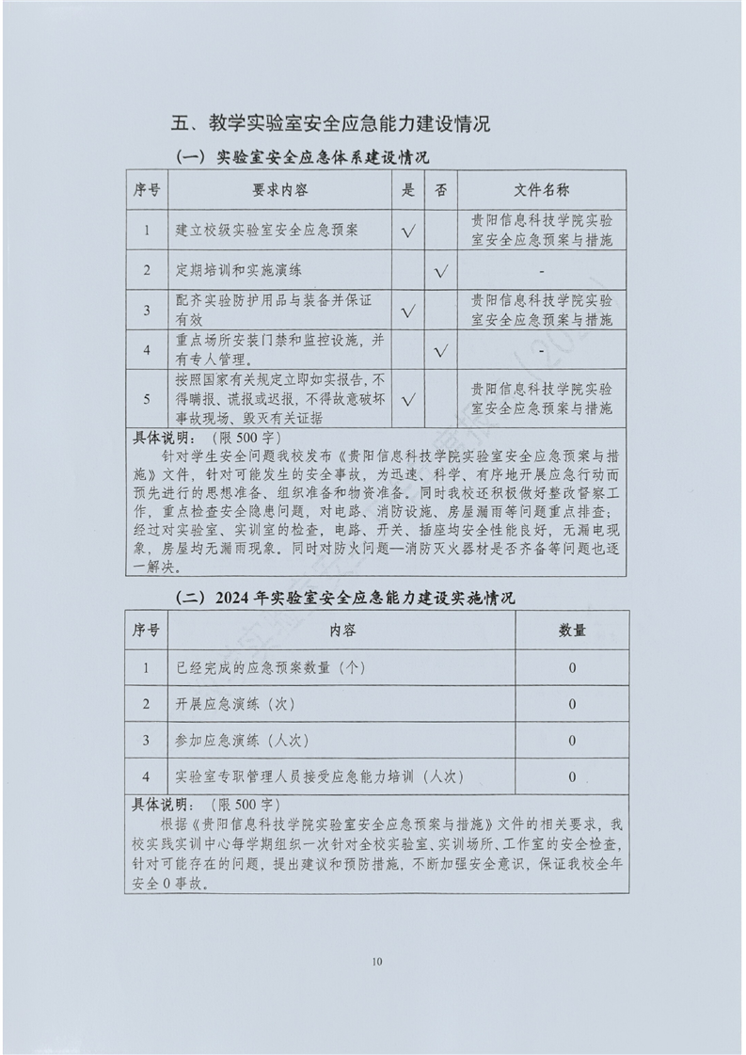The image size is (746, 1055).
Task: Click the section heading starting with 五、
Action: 331,123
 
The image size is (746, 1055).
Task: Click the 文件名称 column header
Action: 541,189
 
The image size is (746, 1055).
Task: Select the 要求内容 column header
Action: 279,189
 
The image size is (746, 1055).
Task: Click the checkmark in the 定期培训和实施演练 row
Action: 441,271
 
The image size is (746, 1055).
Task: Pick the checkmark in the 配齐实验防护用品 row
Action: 408,310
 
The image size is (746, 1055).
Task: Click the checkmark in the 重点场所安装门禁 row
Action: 441,350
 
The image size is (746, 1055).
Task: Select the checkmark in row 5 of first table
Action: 408,398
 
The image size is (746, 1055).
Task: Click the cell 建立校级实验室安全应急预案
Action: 267,230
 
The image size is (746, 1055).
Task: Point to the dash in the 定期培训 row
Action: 542,271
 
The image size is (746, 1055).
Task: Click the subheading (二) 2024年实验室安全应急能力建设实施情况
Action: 345,597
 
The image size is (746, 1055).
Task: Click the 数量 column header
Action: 572,630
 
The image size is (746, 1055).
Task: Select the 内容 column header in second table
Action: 342,630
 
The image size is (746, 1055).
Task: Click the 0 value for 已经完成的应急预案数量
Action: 572,667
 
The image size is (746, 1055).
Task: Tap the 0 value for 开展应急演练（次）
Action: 572,704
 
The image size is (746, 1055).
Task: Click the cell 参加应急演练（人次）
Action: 242,741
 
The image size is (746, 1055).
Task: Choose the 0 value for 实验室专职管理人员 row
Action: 572,777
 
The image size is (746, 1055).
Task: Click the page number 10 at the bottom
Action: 377,961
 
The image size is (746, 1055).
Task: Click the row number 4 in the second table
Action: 146,777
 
